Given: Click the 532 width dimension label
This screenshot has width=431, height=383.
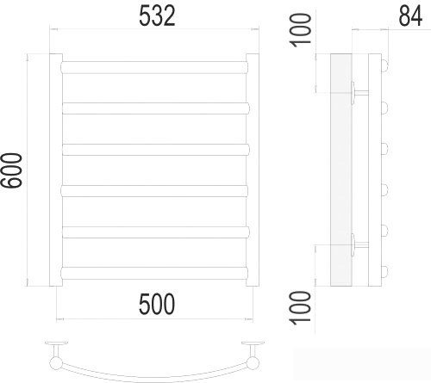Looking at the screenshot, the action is pyautogui.click(x=157, y=16).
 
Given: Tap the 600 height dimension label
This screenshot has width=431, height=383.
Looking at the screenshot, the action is pyautogui.click(x=11, y=170).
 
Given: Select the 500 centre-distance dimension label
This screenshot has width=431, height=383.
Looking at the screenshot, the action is pyautogui.click(x=157, y=304).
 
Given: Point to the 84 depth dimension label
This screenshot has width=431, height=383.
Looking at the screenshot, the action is pyautogui.click(x=410, y=16).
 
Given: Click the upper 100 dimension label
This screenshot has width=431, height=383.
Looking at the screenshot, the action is pyautogui.click(x=301, y=30).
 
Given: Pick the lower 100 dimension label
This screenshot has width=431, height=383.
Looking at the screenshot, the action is pyautogui.click(x=301, y=308).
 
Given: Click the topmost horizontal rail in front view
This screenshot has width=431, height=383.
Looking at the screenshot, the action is pyautogui.click(x=154, y=67).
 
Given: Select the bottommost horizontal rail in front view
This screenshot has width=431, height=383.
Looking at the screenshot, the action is pyautogui.click(x=154, y=273).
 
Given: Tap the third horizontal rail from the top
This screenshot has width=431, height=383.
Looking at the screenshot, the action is pyautogui.click(x=155, y=150).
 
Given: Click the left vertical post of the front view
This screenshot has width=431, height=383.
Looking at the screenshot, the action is pyautogui.click(x=56, y=170).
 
